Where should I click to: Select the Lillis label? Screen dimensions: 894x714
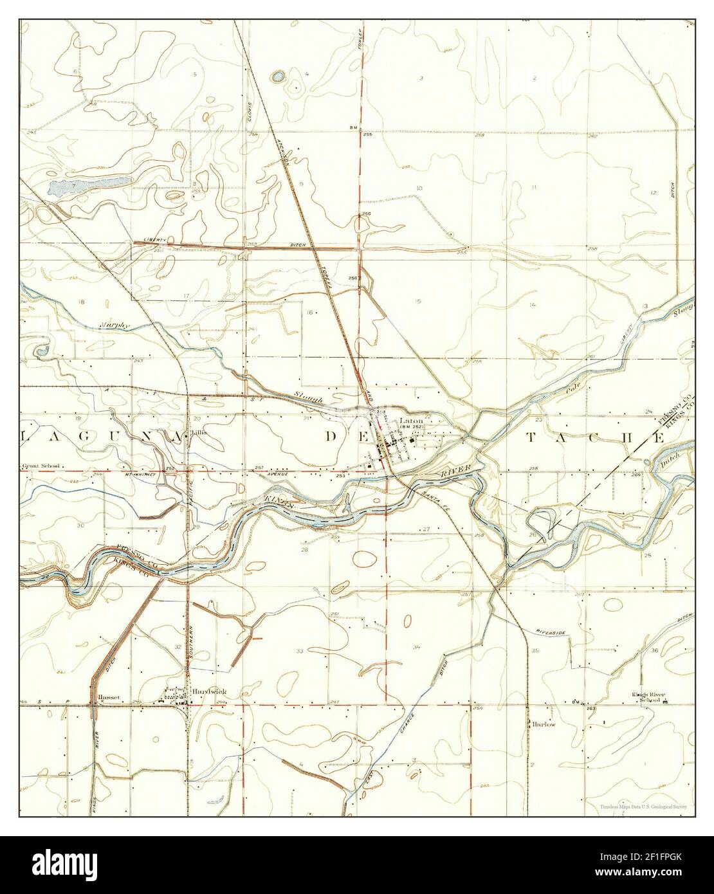point(199,433)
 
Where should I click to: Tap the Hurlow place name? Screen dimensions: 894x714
point(542,724)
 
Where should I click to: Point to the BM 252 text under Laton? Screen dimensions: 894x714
point(412,426)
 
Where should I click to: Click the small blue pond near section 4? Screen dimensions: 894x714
point(278,77)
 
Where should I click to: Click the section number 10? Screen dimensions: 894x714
point(419,188)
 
